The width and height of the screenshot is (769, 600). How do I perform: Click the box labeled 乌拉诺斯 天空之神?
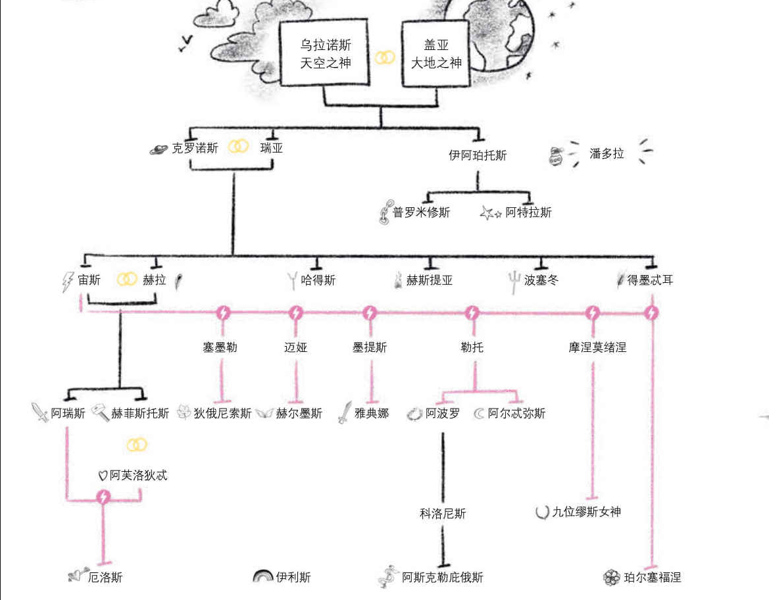pyautogui.click(x=325, y=53)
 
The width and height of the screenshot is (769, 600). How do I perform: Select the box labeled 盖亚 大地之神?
pyautogui.click(x=436, y=53)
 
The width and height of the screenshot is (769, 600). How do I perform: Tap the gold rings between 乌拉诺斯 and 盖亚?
pyautogui.click(x=385, y=58)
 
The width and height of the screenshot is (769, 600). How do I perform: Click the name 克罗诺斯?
pyautogui.click(x=195, y=148)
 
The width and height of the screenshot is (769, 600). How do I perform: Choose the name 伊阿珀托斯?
pyautogui.click(x=478, y=155)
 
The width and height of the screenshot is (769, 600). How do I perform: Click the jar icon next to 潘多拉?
pyautogui.click(x=556, y=155)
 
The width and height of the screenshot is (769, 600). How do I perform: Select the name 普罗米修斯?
pyautogui.click(x=421, y=213)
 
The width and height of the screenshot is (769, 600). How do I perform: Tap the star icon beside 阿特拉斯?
pyautogui.click(x=490, y=213)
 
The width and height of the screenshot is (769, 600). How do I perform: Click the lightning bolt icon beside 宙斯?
pyautogui.click(x=68, y=282)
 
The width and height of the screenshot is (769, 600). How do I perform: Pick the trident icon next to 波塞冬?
pyautogui.click(x=513, y=282)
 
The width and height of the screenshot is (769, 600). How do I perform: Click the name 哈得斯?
pyautogui.click(x=318, y=280)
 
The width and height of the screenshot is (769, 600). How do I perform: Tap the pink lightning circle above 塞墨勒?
pyautogui.click(x=223, y=312)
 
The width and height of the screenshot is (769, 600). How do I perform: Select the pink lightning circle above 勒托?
pyautogui.click(x=472, y=312)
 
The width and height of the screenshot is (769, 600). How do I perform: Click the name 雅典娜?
pyautogui.click(x=372, y=413)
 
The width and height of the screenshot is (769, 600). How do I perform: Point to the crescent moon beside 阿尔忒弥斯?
pyautogui.click(x=479, y=413)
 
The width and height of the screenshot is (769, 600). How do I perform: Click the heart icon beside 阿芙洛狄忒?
pyautogui.click(x=102, y=475)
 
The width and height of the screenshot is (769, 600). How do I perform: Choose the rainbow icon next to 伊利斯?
pyautogui.click(x=262, y=576)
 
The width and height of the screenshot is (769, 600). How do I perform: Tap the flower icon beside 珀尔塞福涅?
pyautogui.click(x=611, y=577)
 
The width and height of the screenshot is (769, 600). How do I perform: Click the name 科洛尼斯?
pyautogui.click(x=443, y=513)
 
